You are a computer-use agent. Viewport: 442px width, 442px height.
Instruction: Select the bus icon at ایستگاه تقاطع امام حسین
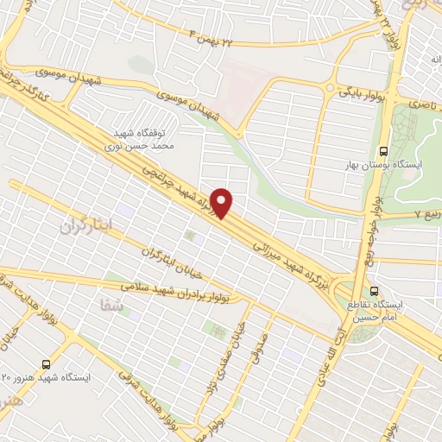click(x=374, y=291)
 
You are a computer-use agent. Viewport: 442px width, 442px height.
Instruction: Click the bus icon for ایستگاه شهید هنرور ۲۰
click(x=45, y=363)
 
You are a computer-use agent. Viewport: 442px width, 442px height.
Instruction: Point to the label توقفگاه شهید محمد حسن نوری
click(x=145, y=140)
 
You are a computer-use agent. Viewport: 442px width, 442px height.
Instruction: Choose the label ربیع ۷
click(x=422, y=212)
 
